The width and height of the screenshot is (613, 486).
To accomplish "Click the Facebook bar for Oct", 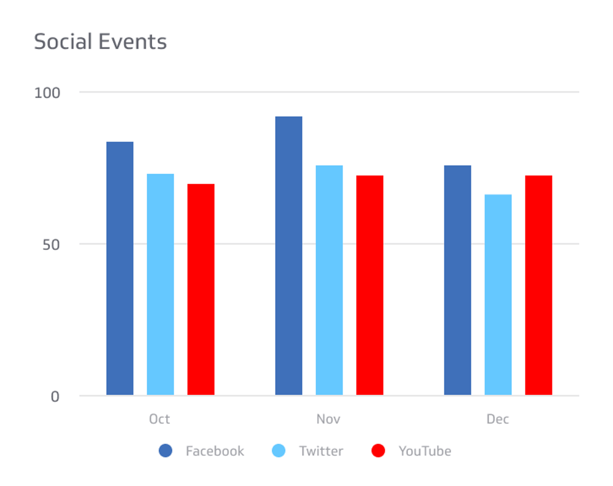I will tap(120, 268).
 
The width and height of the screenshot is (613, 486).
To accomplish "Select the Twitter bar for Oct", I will tap(160, 284).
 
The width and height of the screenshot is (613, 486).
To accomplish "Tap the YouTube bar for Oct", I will tap(201, 289).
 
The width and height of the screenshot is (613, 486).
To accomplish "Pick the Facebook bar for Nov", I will tap(289, 256).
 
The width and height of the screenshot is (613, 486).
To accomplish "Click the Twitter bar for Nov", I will tap(329, 280).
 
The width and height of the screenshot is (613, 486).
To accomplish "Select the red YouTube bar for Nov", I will tap(370, 285).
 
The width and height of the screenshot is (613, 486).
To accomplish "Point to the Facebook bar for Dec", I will tap(458, 280).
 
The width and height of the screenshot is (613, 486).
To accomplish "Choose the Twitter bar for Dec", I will tap(498, 295).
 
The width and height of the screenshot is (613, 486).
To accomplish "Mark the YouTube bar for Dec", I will tap(539, 285).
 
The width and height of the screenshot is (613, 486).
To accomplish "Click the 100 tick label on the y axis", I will tap(47, 93).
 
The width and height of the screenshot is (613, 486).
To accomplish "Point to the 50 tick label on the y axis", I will tap(51, 245).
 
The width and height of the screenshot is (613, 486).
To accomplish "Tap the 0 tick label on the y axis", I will tap(55, 397).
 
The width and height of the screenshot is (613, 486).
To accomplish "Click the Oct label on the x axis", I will tap(159, 419).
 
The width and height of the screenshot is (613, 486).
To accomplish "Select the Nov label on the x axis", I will tap(328, 419).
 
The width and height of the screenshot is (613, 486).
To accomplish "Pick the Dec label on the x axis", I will tap(498, 419).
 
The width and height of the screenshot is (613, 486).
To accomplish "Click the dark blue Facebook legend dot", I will tap(166, 450).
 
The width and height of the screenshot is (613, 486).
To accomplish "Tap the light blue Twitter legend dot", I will tap(279, 450).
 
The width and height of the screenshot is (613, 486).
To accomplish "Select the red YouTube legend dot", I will tap(378, 450).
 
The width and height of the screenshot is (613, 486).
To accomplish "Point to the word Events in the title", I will tap(132, 42).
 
